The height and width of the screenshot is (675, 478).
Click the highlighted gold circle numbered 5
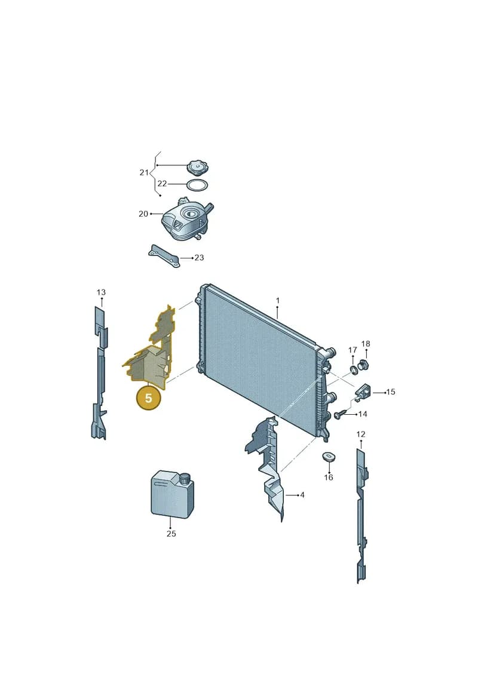click(x=148, y=397)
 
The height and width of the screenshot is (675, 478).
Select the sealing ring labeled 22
click(x=197, y=185)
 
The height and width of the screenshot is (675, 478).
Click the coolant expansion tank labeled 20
click(x=185, y=219)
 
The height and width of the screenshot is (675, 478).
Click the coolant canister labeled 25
click(x=172, y=495)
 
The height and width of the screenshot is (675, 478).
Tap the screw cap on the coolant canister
click(x=185, y=478)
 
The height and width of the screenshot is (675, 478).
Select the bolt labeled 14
click(x=339, y=415)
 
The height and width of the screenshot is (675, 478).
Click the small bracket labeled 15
click(x=363, y=391)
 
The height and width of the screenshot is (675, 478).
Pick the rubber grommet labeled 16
click(x=329, y=457)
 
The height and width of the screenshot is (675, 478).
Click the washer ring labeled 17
click(x=353, y=369)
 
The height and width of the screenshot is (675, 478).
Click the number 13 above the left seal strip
click(x=101, y=292)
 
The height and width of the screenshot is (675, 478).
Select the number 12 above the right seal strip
click(x=361, y=434)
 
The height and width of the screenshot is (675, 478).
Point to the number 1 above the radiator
click(x=278, y=300)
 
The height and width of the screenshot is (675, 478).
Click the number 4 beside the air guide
click(x=302, y=495)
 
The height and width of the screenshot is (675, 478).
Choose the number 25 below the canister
click(x=171, y=534)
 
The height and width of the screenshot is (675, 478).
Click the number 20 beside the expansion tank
click(x=143, y=214)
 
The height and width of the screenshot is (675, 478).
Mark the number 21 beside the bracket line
click(x=144, y=172)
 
